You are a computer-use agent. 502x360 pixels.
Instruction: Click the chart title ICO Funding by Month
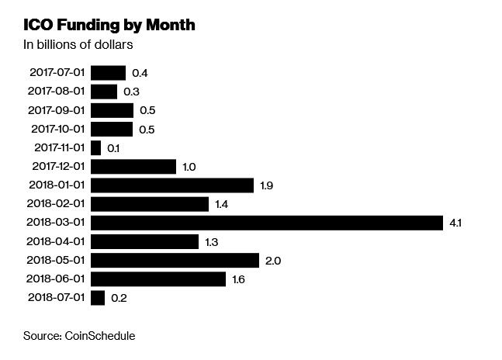109,25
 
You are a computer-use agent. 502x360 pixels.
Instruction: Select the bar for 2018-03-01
266,223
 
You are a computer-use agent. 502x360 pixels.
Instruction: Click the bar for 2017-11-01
96,147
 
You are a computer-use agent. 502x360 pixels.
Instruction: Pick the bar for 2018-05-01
175,260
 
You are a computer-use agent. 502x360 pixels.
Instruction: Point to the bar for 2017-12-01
133,166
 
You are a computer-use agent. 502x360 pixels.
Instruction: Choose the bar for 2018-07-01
98,298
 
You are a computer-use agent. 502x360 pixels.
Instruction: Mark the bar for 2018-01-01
172,185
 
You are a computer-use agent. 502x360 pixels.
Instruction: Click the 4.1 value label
455,223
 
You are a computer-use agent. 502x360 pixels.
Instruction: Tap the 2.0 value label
272,261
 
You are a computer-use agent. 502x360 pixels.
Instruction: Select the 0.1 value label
114,148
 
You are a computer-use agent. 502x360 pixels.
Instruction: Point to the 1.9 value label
267,186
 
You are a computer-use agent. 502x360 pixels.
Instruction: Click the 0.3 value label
131,92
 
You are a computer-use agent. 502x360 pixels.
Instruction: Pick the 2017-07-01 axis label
57,73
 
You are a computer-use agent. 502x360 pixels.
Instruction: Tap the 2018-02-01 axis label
57,204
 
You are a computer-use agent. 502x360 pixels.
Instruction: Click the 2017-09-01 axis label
57,110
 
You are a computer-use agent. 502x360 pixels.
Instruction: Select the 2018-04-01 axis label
57,241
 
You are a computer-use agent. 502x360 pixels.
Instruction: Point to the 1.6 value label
239,279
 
